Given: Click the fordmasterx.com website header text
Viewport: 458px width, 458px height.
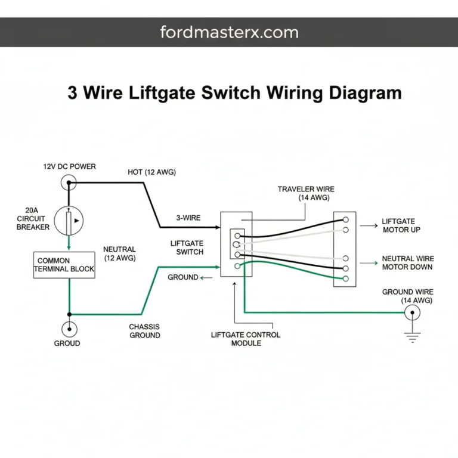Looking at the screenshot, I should [x=229, y=32].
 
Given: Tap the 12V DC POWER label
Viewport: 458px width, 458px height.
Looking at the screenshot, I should [x=69, y=166].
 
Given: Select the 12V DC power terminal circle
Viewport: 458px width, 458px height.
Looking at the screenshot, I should [x=70, y=182].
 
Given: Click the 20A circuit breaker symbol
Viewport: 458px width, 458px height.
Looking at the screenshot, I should [x=70, y=220].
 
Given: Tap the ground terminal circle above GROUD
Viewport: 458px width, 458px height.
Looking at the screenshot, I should [x=70, y=329].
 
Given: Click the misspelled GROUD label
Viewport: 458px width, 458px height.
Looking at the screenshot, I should [x=67, y=343].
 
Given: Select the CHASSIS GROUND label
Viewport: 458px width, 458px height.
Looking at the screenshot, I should [x=144, y=331].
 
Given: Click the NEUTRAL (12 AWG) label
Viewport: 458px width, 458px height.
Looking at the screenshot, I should [x=119, y=253].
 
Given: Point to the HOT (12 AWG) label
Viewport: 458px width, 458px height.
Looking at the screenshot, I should [x=151, y=172].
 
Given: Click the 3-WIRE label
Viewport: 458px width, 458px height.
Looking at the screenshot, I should [x=188, y=218].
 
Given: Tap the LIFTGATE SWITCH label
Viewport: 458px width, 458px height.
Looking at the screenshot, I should [x=187, y=247].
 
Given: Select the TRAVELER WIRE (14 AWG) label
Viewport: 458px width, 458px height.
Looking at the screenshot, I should [x=304, y=194].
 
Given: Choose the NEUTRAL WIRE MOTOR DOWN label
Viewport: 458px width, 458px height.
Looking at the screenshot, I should [x=408, y=263].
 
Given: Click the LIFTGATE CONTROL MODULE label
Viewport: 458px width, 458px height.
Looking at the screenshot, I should [x=246, y=339].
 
